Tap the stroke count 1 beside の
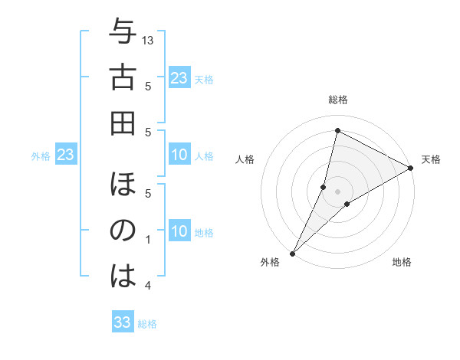coord(149,240)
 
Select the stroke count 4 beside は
coord(149,285)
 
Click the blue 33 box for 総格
coord(123,322)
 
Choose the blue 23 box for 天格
coord(179,77)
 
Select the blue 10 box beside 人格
coord(179,155)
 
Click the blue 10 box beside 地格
coord(179,231)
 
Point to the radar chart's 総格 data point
coord(337,130)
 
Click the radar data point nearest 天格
coord(411,169)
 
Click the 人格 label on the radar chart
coord(245,160)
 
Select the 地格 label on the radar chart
coord(402,262)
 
